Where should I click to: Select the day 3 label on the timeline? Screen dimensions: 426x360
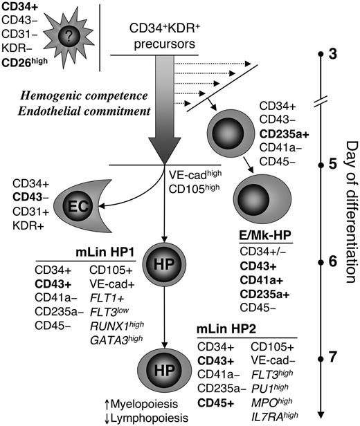(333, 53)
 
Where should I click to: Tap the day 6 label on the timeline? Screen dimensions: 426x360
(333, 261)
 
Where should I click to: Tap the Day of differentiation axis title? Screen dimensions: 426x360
(349, 215)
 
